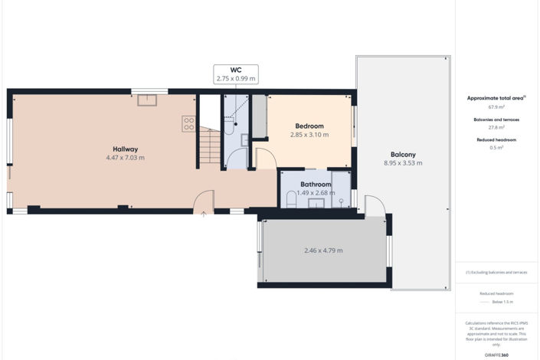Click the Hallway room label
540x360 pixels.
point(125,149)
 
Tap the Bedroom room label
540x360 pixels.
point(309,126)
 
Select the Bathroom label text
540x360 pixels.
point(316,185)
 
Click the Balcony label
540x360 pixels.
point(403,154)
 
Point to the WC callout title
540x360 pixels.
point(236,70)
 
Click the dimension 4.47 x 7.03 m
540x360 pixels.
point(125,158)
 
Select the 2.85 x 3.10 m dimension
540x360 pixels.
point(309,135)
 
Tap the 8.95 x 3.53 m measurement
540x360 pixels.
point(403,163)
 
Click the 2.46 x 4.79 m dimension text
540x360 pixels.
point(323,250)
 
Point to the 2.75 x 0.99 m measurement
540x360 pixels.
point(236,78)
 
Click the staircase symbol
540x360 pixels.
point(209,146)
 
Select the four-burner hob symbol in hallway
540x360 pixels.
point(188,123)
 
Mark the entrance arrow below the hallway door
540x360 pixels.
point(203,214)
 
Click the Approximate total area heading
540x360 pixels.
point(496,98)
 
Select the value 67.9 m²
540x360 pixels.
point(496,107)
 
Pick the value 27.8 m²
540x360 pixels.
point(496,127)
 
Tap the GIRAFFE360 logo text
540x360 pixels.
point(496,355)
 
